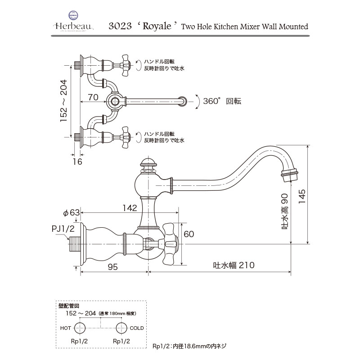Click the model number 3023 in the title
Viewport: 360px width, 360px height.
[119, 26]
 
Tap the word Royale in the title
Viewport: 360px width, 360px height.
[158, 26]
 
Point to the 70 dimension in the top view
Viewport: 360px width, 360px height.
[93, 96]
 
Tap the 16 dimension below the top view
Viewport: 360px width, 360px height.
[77, 162]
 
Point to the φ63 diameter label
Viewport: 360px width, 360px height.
[72, 212]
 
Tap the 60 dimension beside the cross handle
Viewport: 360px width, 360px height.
[189, 234]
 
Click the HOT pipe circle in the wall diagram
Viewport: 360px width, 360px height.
[80, 328]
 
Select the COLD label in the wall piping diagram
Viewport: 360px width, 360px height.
[137, 328]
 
